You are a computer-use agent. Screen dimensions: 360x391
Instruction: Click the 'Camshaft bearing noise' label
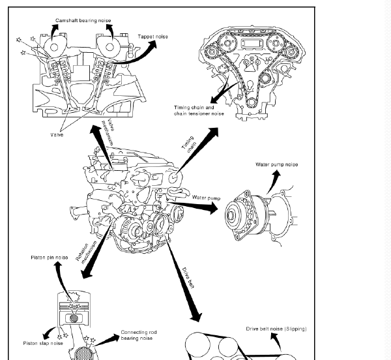(x=83, y=21)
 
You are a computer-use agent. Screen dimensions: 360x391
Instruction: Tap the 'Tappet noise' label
(x=152, y=37)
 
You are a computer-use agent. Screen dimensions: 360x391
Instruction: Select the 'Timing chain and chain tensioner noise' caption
(x=198, y=110)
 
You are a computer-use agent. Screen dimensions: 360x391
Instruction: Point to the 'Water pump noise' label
(x=276, y=164)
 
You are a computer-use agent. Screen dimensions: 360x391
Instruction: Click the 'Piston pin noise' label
(x=50, y=258)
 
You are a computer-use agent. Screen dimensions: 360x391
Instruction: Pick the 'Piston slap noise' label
(x=43, y=343)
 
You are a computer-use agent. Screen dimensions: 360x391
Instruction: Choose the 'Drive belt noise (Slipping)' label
(x=276, y=329)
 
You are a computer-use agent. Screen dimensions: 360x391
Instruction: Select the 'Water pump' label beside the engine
(x=208, y=197)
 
